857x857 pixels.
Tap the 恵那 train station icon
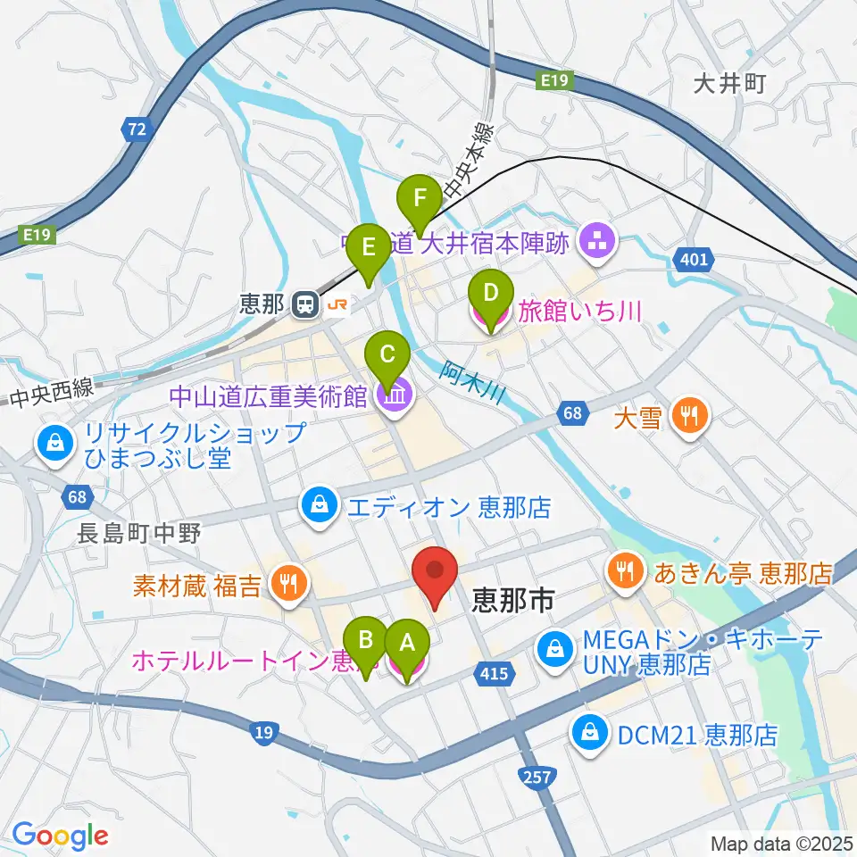click(305, 305)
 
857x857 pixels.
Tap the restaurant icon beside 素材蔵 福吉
click(288, 586)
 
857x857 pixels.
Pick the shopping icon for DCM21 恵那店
click(590, 735)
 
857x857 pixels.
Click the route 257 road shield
click(537, 778)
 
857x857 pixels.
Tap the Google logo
click(61, 836)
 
